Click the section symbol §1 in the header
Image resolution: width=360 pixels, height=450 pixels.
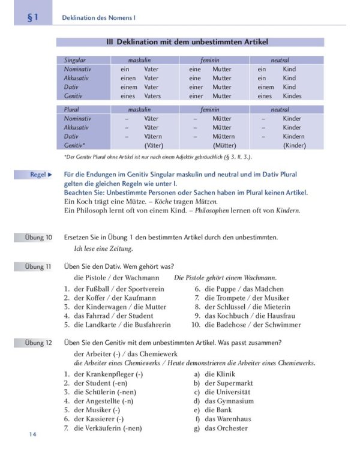click(x=32, y=17)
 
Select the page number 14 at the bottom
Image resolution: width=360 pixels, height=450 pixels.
click(x=32, y=434)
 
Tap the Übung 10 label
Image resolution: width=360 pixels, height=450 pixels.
click(x=38, y=238)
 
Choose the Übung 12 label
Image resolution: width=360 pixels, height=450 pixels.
click(x=38, y=343)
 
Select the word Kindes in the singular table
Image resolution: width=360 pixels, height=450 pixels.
click(x=292, y=96)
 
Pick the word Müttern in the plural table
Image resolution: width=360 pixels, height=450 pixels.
click(x=224, y=136)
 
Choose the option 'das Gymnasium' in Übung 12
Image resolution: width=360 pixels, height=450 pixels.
click(x=229, y=401)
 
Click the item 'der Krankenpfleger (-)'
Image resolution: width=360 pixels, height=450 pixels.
click(x=107, y=374)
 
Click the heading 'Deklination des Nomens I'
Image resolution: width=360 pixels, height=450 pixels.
click(x=99, y=18)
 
